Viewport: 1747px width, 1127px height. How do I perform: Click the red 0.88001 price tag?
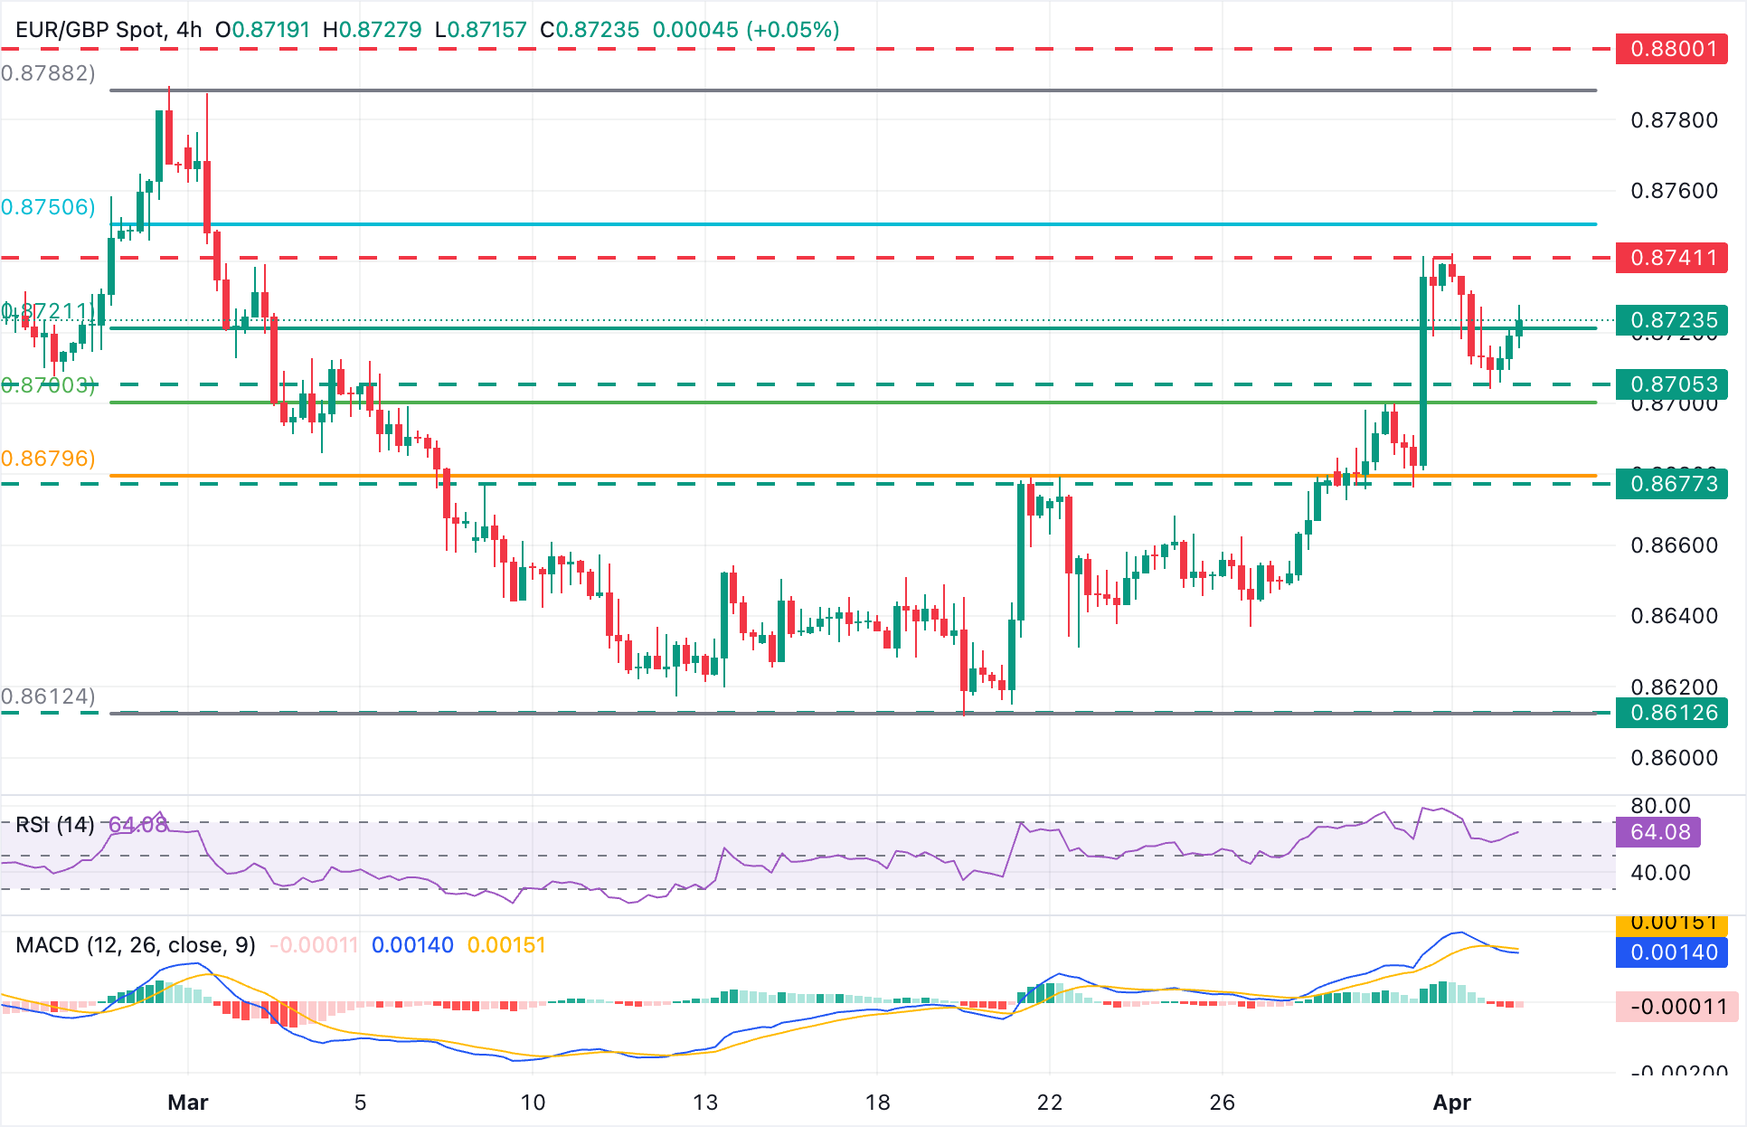point(1672,48)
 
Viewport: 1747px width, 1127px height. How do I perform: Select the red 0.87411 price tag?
point(1672,258)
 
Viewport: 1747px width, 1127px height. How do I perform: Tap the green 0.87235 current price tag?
point(1672,320)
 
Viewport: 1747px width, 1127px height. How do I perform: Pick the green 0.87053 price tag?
point(1672,384)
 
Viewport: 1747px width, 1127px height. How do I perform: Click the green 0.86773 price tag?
point(1672,484)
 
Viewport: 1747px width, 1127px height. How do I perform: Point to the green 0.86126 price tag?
point(1672,713)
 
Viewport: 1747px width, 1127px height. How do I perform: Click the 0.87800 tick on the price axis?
point(1674,120)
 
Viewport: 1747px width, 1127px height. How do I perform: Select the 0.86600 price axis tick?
point(1674,545)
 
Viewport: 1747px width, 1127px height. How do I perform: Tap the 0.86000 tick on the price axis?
point(1674,758)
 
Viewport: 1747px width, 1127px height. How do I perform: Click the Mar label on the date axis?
point(188,1103)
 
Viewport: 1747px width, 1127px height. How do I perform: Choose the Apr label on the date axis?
point(1452,1103)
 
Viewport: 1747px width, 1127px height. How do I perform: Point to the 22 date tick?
point(1050,1103)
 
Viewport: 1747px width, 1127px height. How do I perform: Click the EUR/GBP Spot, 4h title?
point(109,30)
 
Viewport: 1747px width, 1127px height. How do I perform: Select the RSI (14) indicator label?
point(55,825)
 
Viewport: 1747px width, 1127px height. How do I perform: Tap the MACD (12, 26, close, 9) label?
point(136,945)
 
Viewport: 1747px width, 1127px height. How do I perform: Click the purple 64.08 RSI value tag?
point(1658,832)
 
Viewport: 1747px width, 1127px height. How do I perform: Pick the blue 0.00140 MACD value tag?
point(1672,952)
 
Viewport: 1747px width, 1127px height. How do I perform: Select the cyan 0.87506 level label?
point(48,207)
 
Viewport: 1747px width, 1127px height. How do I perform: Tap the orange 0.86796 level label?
point(48,459)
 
